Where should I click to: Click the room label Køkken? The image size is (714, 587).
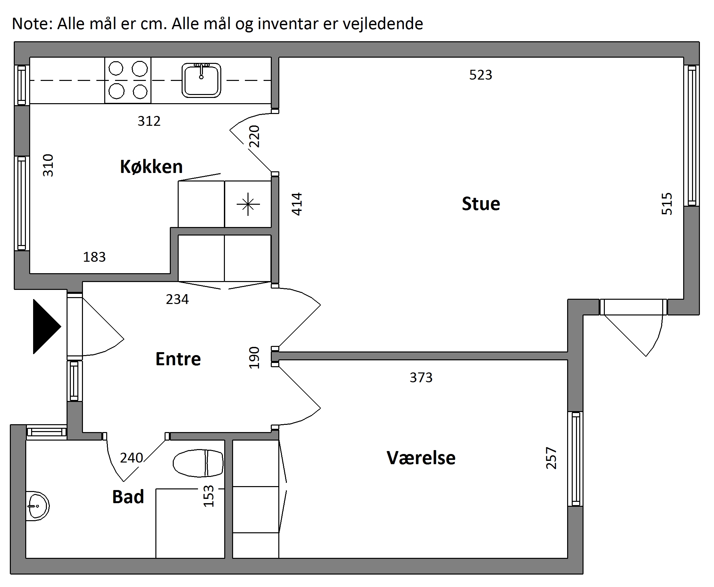(151, 167)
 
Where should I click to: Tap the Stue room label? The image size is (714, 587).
(481, 204)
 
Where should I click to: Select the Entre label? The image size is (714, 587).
(178, 359)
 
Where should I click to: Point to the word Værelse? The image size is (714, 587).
(421, 458)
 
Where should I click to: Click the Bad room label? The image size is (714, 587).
(128, 497)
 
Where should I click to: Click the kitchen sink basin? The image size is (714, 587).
(201, 80)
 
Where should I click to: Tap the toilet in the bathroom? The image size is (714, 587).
(198, 463)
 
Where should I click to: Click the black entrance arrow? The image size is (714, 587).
(47, 327)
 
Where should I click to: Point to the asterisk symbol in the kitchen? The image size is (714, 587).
(248, 204)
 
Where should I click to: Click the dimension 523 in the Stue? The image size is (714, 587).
(481, 75)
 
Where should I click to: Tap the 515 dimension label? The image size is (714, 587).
(666, 204)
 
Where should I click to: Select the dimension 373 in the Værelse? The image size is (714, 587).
(421, 377)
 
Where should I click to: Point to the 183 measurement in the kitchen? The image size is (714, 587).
(94, 257)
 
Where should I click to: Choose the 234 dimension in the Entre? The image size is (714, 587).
(177, 299)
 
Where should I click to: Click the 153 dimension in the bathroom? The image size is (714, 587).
(208, 496)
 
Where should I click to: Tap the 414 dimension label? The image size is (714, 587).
(297, 204)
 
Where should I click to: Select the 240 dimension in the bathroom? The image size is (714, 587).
(131, 458)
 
